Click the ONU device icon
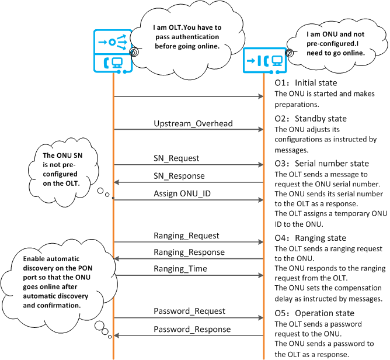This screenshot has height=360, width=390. [263, 60]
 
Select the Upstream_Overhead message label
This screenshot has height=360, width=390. [184, 124]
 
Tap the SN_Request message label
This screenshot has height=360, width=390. [176, 158]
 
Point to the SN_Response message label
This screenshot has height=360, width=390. [179, 176]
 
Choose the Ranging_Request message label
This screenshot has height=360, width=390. [186, 236]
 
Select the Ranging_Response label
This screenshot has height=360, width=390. [189, 252]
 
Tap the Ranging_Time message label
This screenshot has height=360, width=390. [180, 269]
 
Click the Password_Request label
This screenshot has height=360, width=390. [189, 311]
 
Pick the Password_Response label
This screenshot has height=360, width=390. [192, 330]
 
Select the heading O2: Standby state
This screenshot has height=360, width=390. [311, 119]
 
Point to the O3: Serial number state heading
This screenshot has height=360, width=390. [322, 163]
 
